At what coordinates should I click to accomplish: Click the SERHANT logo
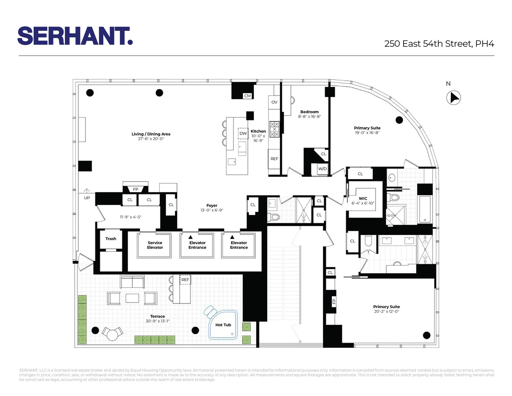pos(75,36)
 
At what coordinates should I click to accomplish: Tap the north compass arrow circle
pos(453,98)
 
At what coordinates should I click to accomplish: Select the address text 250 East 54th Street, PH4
pos(439,44)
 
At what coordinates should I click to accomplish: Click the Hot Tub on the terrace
pos(223,325)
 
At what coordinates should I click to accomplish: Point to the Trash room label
pos(111,238)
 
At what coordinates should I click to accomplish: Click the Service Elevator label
pos(155,245)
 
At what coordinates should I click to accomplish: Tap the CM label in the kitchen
pos(247,96)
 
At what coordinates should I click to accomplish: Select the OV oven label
pos(274,102)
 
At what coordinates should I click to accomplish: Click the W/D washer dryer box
pos(322,169)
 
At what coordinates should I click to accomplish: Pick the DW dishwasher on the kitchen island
pos(243,133)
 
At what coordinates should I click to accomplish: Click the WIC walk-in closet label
pos(363,198)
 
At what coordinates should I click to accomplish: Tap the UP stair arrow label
pos(87,198)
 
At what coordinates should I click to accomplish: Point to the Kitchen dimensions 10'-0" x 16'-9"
pos(258,138)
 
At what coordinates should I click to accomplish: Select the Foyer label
pos(212,206)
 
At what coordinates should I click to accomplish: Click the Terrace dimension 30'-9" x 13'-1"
pos(157,321)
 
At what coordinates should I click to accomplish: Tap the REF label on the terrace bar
pos(185,280)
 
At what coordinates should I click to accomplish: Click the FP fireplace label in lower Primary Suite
pos(334,301)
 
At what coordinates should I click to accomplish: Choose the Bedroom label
pos(309,112)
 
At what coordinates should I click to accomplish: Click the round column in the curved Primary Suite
pos(399,120)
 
